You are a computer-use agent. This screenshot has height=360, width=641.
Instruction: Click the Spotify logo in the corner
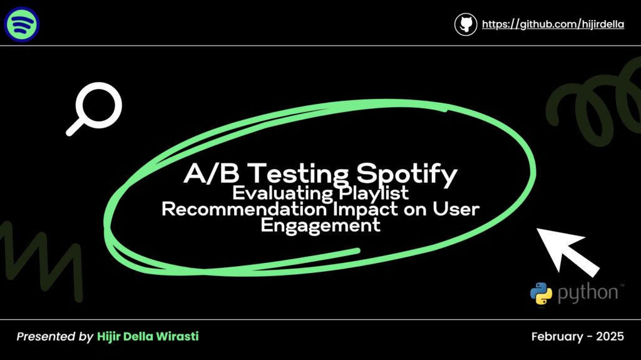(22, 24)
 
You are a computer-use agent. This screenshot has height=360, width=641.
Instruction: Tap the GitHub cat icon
(466, 24)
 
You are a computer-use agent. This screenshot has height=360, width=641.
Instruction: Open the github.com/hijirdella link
(553, 24)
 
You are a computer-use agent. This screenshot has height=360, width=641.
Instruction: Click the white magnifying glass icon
(95, 108)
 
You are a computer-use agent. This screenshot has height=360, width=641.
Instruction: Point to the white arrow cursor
(567, 252)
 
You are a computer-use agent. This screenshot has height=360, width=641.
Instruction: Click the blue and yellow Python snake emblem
(541, 293)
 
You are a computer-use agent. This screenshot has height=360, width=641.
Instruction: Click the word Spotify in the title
(407, 174)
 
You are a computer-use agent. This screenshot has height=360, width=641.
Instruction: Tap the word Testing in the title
(298, 174)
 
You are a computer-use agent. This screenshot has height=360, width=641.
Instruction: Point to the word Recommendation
(244, 209)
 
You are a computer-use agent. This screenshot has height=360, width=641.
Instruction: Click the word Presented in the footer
(44, 336)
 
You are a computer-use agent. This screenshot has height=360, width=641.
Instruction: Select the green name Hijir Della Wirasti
(148, 336)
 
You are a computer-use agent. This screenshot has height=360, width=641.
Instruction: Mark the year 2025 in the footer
(610, 336)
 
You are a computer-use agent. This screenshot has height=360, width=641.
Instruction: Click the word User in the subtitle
(456, 209)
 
